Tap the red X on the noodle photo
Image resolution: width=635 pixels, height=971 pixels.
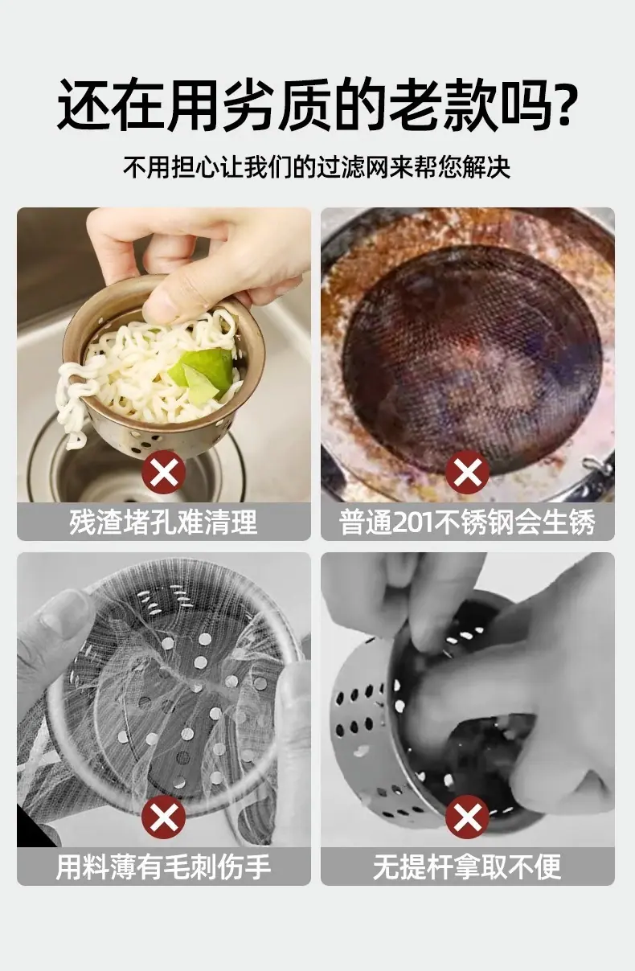[164, 472]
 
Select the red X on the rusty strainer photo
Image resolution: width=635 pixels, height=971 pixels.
[468, 472]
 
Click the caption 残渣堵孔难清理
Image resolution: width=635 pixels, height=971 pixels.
[164, 522]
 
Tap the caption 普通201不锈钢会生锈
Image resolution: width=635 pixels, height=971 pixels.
[468, 522]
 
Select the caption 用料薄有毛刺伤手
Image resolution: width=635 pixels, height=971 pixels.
[164, 867]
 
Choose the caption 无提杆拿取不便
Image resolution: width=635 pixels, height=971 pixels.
[468, 867]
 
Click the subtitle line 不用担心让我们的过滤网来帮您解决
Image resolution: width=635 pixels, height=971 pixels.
[317, 166]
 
